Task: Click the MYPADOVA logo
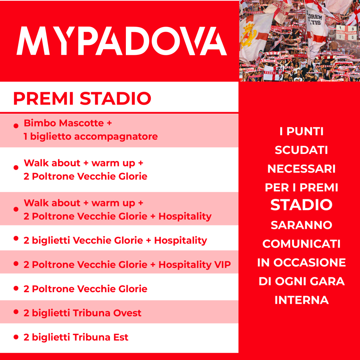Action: coord(122,41)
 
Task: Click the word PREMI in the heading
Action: coord(43,98)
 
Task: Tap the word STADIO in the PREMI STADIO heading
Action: coord(115,98)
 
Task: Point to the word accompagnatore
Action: coord(116,137)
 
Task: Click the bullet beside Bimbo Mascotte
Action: coord(16,126)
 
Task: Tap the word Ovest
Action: coord(127,313)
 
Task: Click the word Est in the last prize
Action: coord(121,337)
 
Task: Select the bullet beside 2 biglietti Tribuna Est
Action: coord(16,337)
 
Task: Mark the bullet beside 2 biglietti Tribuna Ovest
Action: coord(16,311)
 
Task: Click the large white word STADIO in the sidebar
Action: coord(301,205)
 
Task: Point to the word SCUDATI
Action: coord(301,150)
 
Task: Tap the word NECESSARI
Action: coord(301,169)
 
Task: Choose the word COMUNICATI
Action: coord(301,244)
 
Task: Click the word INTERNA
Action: coord(302,300)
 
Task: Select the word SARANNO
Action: coord(301,225)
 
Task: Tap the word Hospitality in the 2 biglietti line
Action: coord(180,240)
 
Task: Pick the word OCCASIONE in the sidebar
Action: coord(309,263)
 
